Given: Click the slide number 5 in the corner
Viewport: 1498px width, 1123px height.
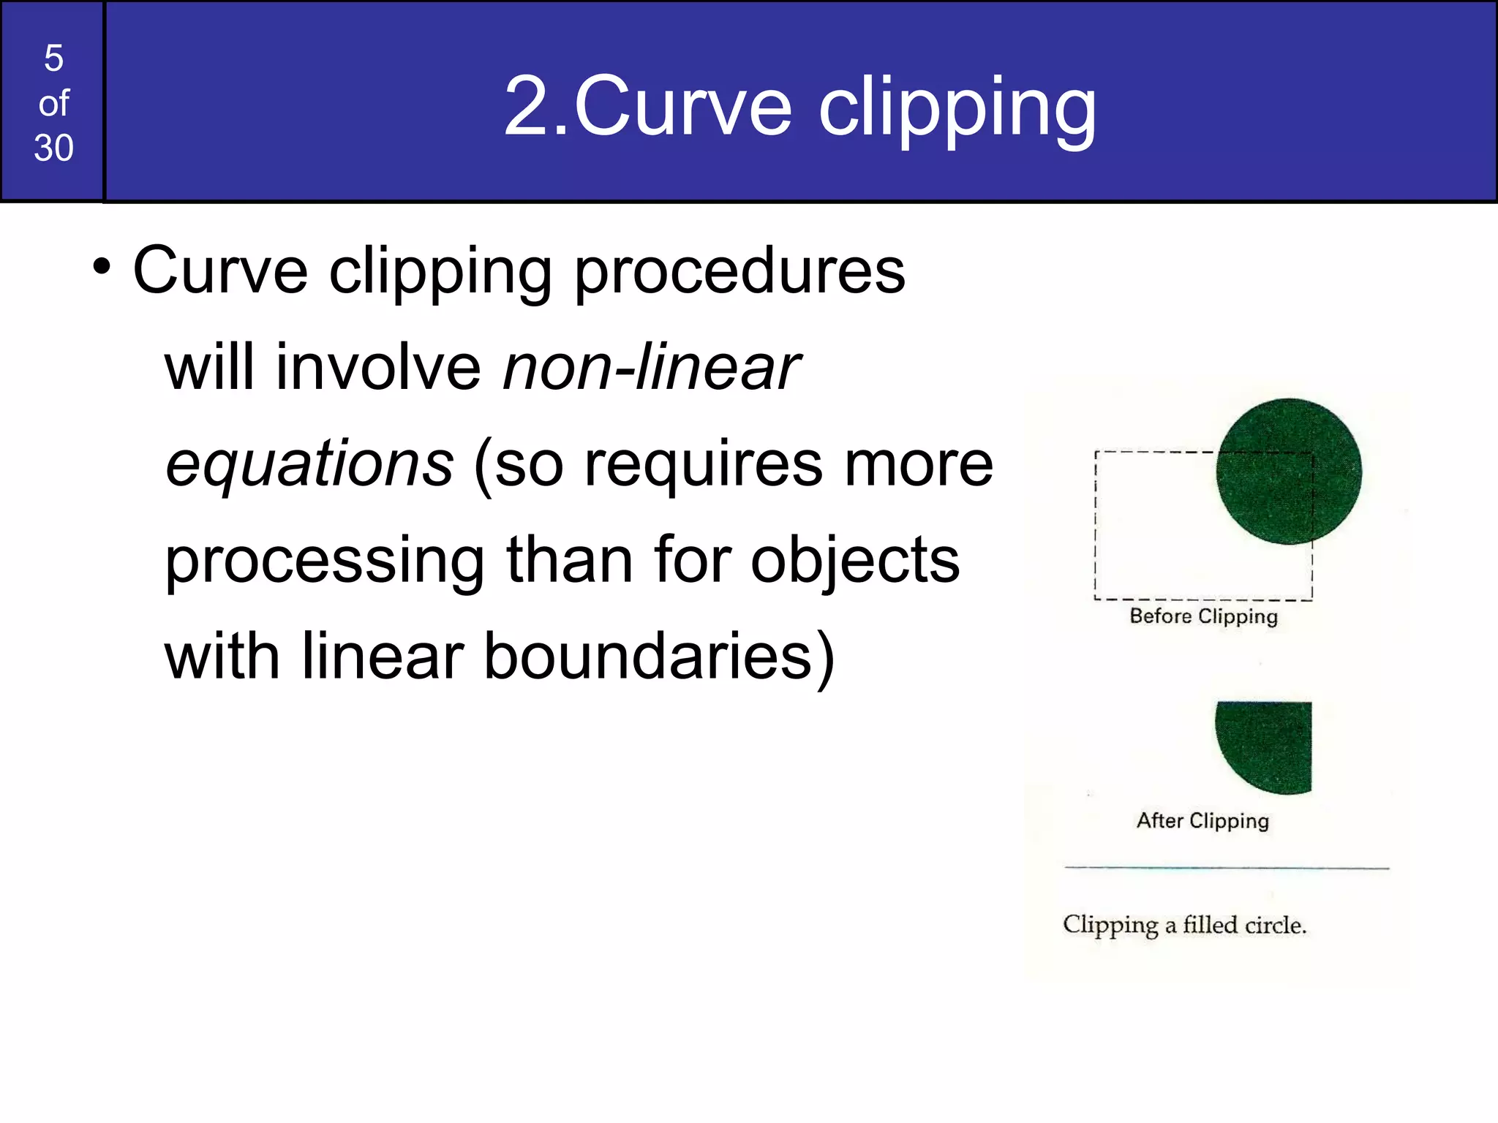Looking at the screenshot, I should (53, 58).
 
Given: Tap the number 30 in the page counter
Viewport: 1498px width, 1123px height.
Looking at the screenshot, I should (53, 148).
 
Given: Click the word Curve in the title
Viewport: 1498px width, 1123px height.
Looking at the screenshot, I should (683, 107).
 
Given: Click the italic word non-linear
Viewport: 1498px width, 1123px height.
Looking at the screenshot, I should (651, 368).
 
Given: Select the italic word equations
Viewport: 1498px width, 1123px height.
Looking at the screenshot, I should (309, 465).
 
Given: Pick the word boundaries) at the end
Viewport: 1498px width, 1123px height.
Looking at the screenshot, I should (658, 657).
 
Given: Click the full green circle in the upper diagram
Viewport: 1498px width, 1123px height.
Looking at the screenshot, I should (1288, 471).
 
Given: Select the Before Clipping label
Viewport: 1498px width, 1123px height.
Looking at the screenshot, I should (1203, 616).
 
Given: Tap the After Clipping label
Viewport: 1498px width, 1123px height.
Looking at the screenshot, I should (1202, 821).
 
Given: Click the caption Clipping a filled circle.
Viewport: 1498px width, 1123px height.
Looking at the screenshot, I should (1184, 926).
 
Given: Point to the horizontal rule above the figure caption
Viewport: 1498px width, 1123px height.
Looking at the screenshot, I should (1226, 868).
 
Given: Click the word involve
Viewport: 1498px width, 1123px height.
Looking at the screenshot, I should (377, 368).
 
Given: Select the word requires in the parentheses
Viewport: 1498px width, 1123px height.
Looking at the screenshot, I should (703, 465).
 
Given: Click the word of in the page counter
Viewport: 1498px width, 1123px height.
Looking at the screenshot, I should (53, 104).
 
